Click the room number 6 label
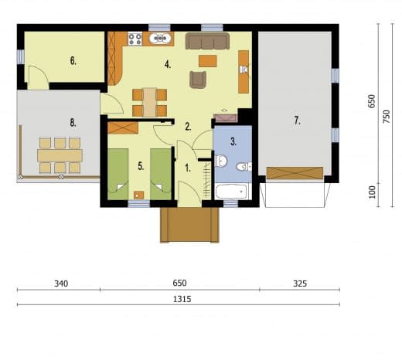[73, 61]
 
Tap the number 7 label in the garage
[297, 121]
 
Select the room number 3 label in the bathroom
[233, 141]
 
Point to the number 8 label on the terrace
[73, 123]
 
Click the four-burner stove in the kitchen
[135, 39]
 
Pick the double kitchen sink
[160, 39]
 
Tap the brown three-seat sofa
[207, 41]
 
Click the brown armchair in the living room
[198, 80]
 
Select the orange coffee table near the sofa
[208, 61]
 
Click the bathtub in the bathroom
[233, 191]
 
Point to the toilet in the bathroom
[244, 167]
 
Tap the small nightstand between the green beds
[139, 195]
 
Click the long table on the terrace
[60, 155]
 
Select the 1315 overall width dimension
[182, 299]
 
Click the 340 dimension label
[61, 284]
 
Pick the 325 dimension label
[300, 284]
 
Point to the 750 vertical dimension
[387, 117]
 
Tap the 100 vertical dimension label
[372, 192]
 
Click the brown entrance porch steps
[189, 225]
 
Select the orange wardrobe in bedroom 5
[123, 128]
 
